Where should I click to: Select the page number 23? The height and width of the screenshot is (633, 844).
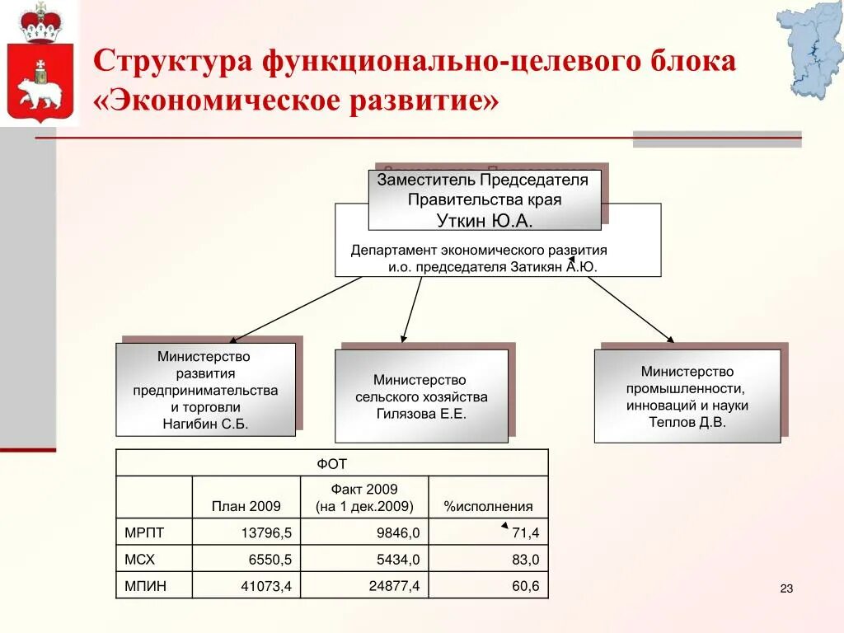(x=785, y=588)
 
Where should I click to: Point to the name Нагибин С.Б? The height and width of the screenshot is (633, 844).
(x=205, y=424)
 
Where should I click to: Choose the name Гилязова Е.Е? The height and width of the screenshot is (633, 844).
(x=421, y=414)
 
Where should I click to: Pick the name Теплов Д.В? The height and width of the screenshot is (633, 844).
(x=687, y=421)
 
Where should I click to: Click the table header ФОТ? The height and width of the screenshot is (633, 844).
(x=331, y=464)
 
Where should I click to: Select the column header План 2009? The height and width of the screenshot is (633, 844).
(x=246, y=506)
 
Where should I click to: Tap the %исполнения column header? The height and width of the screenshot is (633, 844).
(x=488, y=506)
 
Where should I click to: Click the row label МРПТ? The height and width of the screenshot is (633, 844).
(x=140, y=532)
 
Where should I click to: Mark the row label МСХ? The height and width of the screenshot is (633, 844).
(x=139, y=560)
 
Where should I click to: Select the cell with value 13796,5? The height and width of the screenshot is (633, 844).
(x=266, y=533)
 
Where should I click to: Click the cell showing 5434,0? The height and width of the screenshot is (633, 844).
(x=398, y=560)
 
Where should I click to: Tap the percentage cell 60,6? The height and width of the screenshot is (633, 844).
(x=525, y=586)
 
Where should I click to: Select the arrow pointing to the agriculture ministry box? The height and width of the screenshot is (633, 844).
(x=411, y=309)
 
